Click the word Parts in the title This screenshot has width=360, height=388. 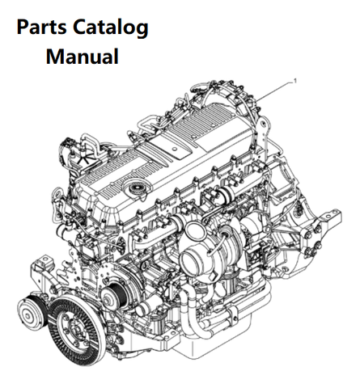click(43, 29)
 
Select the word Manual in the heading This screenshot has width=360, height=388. click(83, 57)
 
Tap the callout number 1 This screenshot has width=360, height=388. click(296, 81)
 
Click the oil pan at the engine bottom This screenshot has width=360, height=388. click(235, 356)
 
